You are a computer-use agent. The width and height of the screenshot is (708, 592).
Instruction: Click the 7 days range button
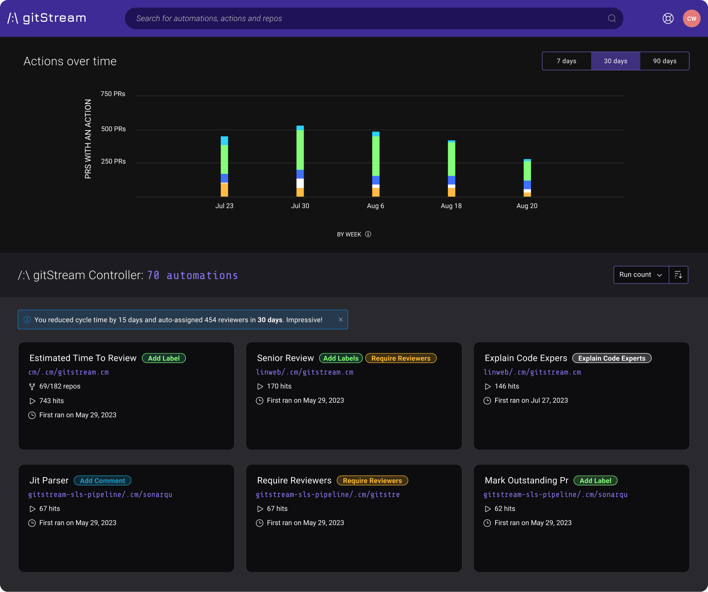click(x=566, y=61)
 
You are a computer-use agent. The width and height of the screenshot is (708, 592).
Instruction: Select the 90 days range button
click(x=664, y=61)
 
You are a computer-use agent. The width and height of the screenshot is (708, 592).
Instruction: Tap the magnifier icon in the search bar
click(x=612, y=18)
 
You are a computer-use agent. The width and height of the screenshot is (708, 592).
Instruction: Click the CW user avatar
click(x=691, y=18)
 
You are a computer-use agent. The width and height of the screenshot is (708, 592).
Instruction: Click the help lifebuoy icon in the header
click(x=668, y=18)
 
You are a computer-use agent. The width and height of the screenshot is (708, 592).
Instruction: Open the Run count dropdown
click(x=641, y=275)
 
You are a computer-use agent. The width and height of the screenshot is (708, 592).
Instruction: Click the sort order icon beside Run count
click(x=678, y=275)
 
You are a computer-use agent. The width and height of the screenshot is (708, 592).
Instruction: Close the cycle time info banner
click(x=340, y=320)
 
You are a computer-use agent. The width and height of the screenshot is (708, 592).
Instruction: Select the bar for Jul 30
click(x=300, y=162)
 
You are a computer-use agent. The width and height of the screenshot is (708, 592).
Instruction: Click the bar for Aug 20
click(x=527, y=178)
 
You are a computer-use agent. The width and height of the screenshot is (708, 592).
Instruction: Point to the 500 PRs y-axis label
click(x=113, y=129)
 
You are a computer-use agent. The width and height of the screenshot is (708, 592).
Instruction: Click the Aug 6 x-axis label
click(x=375, y=206)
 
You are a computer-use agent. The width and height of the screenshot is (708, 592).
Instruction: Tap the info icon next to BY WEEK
click(x=368, y=234)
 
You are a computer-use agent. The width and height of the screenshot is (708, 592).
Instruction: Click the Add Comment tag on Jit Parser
click(x=102, y=481)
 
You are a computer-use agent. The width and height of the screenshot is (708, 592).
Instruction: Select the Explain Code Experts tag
click(x=611, y=358)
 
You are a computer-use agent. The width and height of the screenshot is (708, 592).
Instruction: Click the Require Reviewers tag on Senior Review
click(x=401, y=358)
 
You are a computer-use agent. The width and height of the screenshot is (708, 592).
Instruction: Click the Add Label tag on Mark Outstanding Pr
click(x=595, y=481)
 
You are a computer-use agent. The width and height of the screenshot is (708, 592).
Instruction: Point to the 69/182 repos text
click(x=59, y=386)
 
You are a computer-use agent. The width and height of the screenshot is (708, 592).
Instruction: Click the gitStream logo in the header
click(x=47, y=18)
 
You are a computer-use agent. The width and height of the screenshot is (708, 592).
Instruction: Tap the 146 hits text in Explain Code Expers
click(x=507, y=386)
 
